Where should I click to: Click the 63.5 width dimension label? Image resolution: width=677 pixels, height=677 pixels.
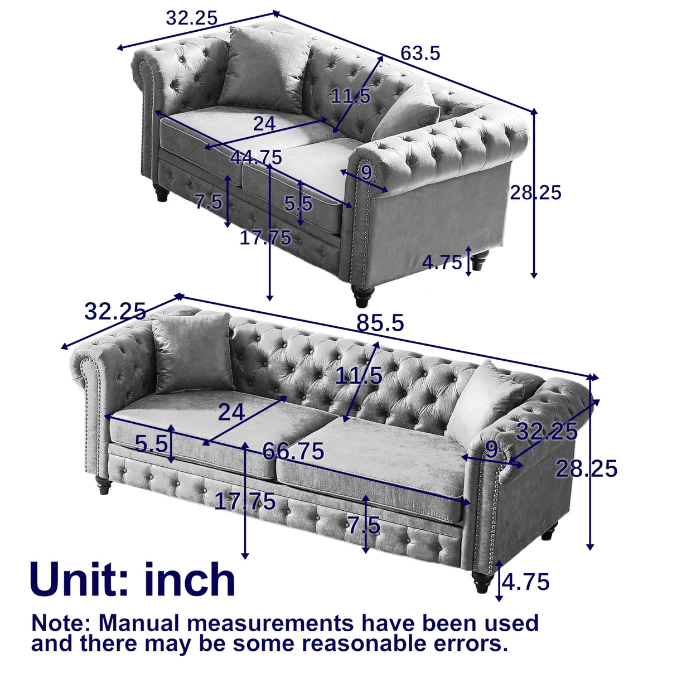420,54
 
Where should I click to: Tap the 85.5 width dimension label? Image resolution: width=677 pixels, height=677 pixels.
380,323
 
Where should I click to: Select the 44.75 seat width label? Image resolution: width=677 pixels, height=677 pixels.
257,158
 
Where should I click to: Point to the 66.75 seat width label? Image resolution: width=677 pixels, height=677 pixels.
293,451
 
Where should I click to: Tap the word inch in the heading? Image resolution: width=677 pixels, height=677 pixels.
190,580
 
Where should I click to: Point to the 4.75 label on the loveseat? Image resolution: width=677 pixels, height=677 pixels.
442,262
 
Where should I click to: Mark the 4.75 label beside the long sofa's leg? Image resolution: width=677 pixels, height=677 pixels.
526,582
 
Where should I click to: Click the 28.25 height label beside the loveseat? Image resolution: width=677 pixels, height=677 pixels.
535,192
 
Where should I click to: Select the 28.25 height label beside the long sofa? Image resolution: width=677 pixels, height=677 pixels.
587,469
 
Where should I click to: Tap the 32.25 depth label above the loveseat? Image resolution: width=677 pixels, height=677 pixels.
191,18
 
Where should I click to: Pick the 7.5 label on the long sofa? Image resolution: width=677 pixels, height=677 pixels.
364,525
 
